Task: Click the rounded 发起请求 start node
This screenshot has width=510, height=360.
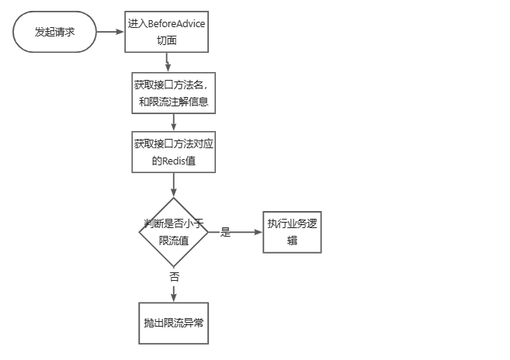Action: [x=54, y=32]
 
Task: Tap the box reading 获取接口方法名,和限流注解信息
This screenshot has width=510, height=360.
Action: [x=172, y=93]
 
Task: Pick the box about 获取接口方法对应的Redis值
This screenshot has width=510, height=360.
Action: [x=173, y=151]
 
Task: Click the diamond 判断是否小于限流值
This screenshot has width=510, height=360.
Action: [x=173, y=232]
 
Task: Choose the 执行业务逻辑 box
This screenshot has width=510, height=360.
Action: [x=293, y=232]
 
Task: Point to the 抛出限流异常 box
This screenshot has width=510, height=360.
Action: [x=173, y=322]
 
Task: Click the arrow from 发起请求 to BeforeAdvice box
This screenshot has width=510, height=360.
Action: [x=110, y=32]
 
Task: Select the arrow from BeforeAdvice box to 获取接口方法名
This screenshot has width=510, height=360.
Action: [x=172, y=63]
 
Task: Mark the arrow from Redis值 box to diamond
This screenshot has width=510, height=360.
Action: [x=173, y=184]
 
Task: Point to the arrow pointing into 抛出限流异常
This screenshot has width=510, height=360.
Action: [x=173, y=293]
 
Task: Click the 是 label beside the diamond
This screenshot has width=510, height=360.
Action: [x=226, y=232]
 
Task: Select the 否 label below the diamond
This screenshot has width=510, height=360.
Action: [x=173, y=277]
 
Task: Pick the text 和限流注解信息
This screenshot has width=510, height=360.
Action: [x=172, y=102]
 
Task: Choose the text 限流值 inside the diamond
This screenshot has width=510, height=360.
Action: [x=173, y=241]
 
